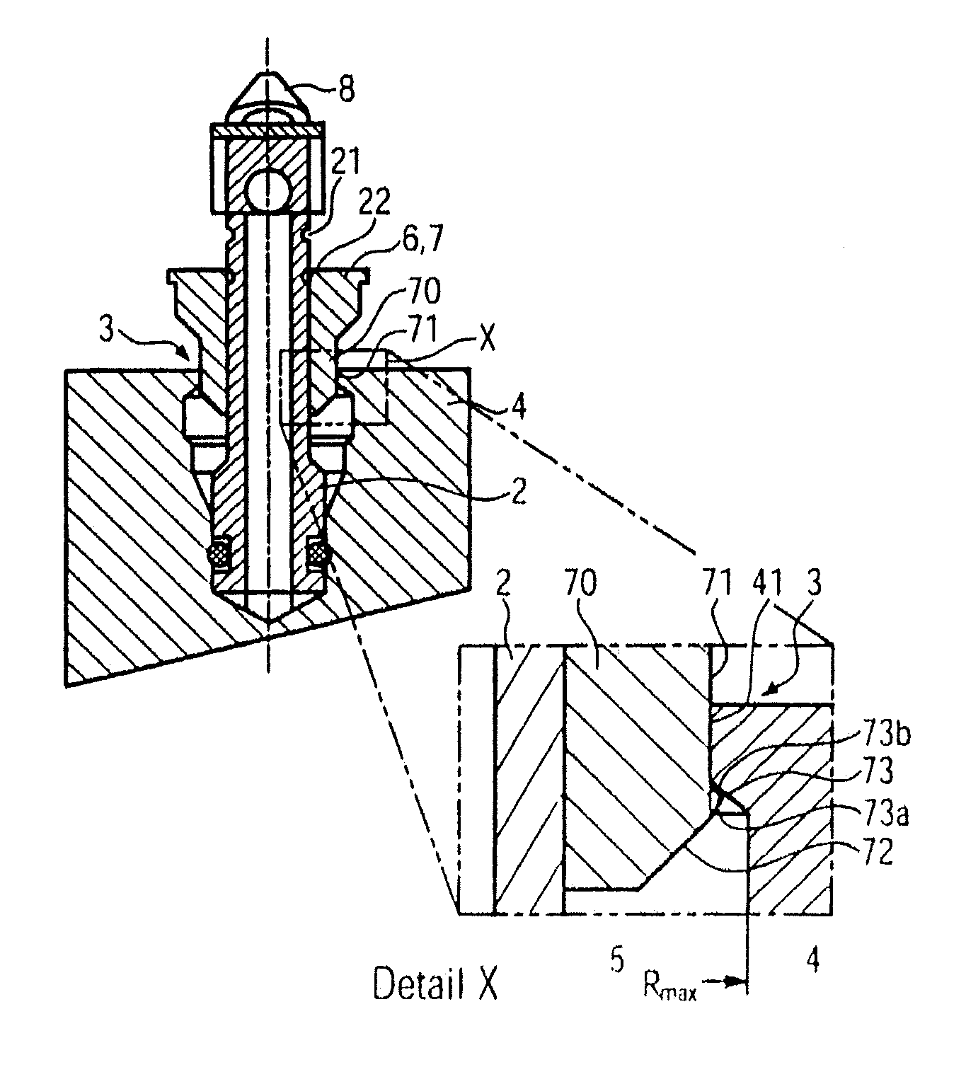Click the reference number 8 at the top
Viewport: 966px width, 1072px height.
click(346, 88)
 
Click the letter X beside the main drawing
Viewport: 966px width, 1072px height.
click(488, 339)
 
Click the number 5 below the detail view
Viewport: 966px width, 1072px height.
click(616, 960)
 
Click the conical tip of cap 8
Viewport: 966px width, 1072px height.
click(268, 71)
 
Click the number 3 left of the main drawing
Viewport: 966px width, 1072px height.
click(107, 330)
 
